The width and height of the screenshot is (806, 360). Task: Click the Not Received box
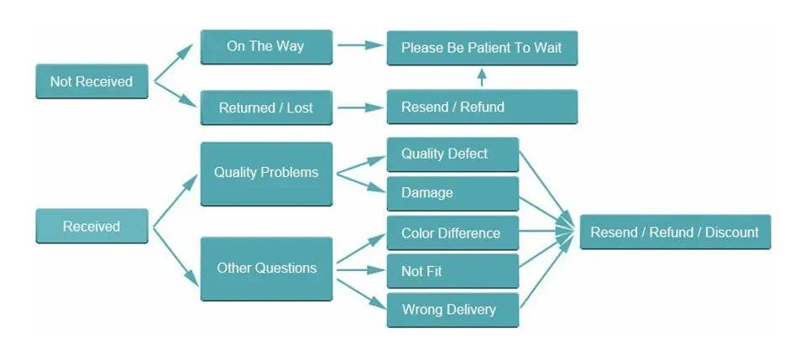(x=92, y=81)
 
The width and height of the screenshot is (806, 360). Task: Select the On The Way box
(x=266, y=46)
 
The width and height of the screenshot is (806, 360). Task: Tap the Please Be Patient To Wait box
(x=481, y=48)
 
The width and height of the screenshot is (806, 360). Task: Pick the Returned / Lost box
(x=266, y=107)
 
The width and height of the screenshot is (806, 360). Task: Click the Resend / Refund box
(x=481, y=107)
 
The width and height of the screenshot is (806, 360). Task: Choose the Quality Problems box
(x=266, y=173)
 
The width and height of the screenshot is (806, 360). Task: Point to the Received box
(x=92, y=227)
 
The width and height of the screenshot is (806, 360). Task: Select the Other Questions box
(x=266, y=269)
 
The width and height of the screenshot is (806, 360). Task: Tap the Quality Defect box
(x=453, y=154)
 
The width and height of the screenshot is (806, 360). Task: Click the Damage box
(x=453, y=193)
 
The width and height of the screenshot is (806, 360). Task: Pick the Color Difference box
(x=453, y=233)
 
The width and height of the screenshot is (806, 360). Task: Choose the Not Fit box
(x=453, y=271)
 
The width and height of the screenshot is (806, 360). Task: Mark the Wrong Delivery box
(x=453, y=310)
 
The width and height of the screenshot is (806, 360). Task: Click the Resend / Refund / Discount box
(x=674, y=232)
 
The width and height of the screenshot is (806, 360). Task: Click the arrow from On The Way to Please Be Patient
(x=359, y=46)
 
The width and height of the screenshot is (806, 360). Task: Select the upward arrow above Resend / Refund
(x=481, y=78)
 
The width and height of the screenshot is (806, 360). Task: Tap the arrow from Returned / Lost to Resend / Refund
(x=359, y=107)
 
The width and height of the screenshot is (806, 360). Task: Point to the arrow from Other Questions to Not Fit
(x=359, y=270)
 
